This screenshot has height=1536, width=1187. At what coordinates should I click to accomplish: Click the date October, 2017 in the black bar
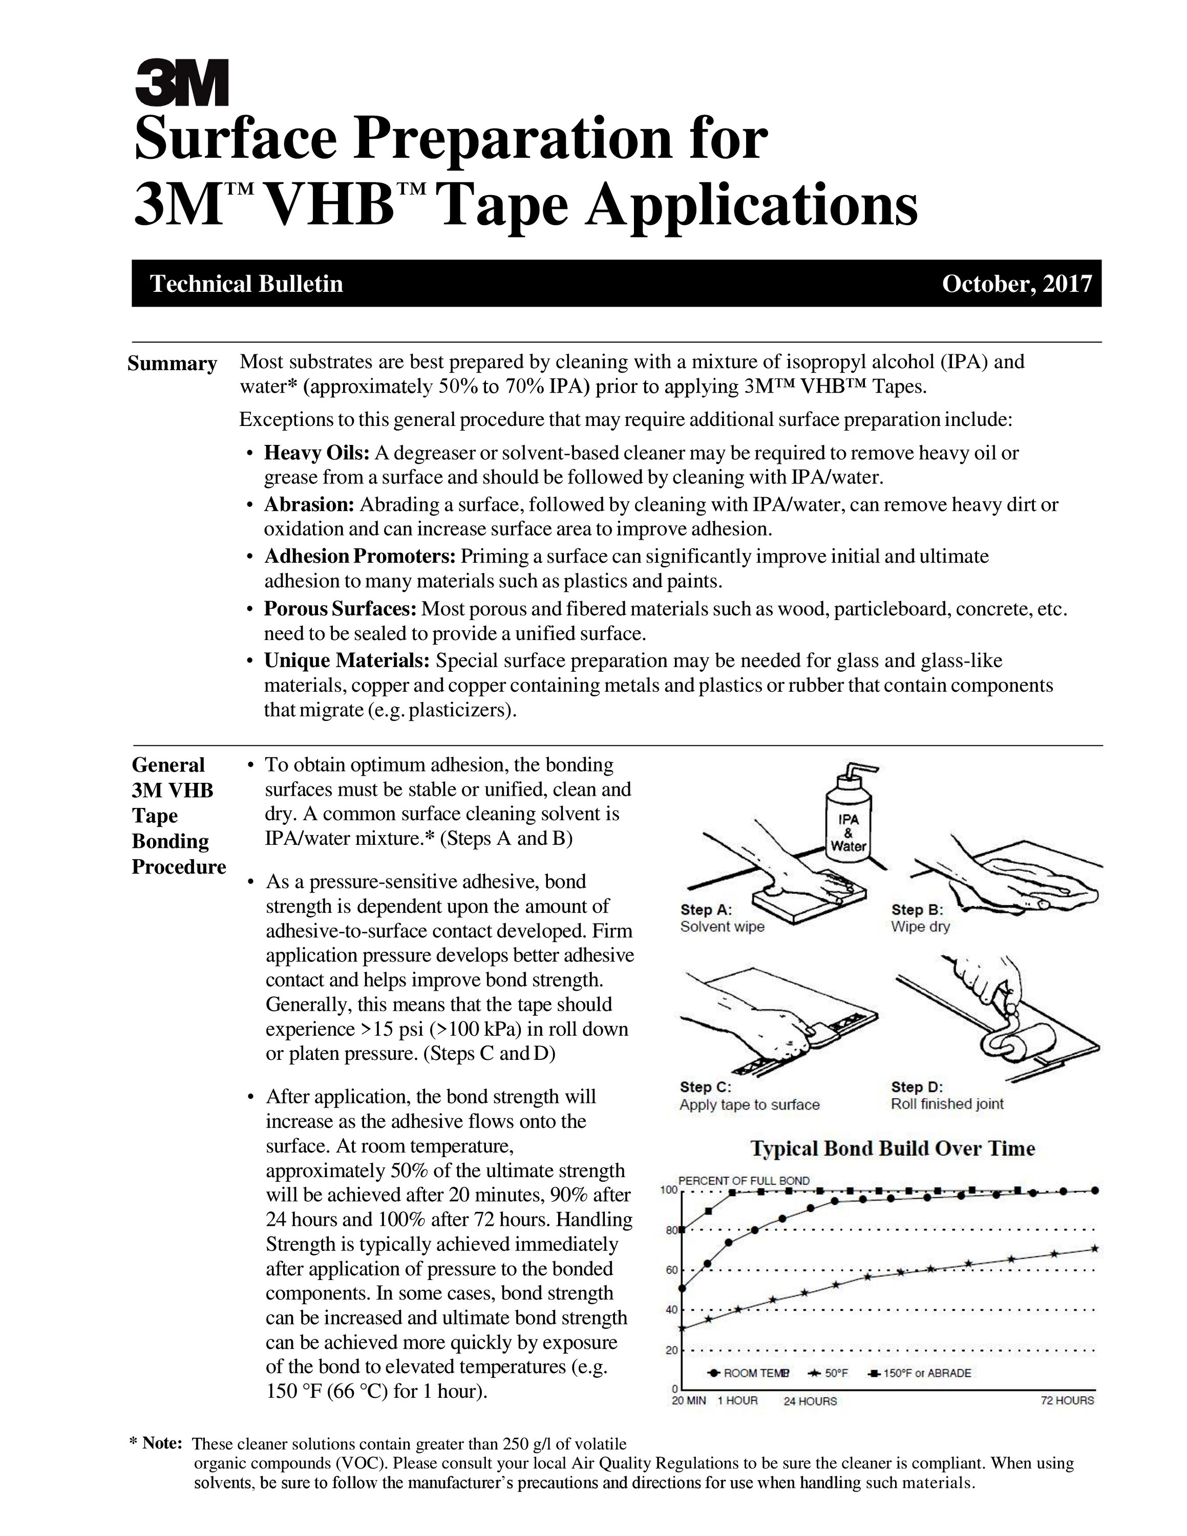tap(1017, 284)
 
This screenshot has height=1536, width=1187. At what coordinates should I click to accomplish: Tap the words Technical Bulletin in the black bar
tap(247, 284)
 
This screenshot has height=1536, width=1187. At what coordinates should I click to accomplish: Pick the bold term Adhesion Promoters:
tap(360, 557)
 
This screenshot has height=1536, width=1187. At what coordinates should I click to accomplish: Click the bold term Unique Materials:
tap(347, 661)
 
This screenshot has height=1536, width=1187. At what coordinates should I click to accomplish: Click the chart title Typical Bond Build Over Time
tap(893, 1149)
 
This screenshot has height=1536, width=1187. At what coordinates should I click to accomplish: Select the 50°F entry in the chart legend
tap(830, 1373)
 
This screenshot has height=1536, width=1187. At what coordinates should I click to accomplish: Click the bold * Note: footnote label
tap(157, 1443)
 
